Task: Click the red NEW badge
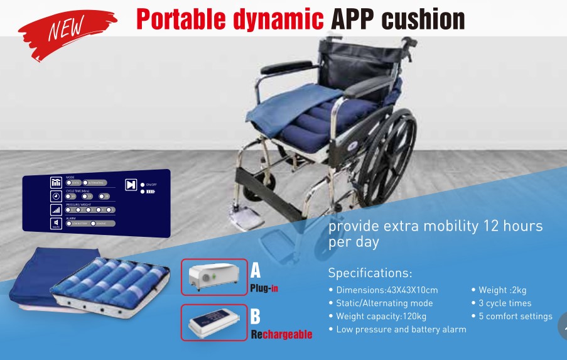click(x=67, y=29)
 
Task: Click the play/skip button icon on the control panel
click(x=131, y=185)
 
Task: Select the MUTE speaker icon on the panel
click(x=57, y=223)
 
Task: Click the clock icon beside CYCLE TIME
click(x=57, y=195)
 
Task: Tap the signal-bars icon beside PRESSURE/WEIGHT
click(x=57, y=209)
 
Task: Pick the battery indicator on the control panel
click(x=149, y=192)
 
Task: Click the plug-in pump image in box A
click(x=214, y=276)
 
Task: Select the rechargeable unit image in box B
click(x=214, y=322)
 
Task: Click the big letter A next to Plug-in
click(x=256, y=271)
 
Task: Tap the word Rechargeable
click(x=281, y=334)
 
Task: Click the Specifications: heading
click(x=370, y=273)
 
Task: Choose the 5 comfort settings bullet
click(x=515, y=316)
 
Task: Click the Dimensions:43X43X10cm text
click(x=387, y=290)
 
